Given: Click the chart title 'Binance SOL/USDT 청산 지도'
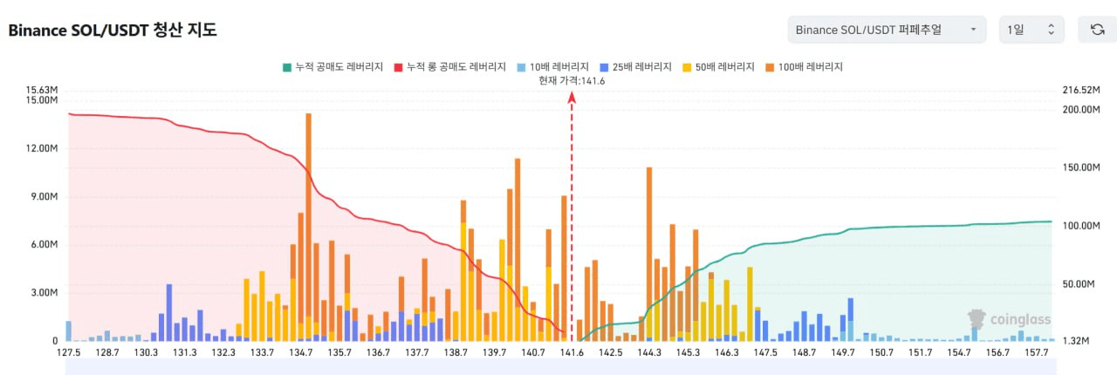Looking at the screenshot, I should [x=113, y=30].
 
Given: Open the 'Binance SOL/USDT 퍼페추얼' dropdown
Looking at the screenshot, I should [x=886, y=30].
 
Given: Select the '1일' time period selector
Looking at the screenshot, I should [x=1031, y=30].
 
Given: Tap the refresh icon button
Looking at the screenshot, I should [x=1097, y=30].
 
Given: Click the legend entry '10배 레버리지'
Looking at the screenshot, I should [x=551, y=66].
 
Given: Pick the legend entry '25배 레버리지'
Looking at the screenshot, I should [x=636, y=66].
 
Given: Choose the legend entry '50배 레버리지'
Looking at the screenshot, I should [x=721, y=66].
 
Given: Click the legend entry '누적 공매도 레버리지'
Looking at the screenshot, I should [x=332, y=66].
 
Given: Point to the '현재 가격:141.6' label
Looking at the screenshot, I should [x=572, y=81].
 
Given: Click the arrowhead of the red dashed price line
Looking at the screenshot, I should [x=572, y=99].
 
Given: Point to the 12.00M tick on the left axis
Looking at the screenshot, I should [x=43, y=148].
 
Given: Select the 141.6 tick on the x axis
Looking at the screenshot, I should [x=572, y=352].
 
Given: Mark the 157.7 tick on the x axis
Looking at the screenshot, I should [x=1036, y=352].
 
